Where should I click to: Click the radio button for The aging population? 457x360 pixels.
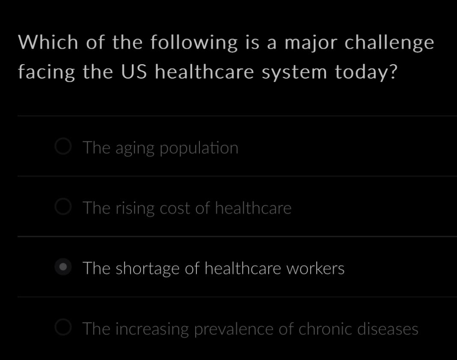click(63, 147)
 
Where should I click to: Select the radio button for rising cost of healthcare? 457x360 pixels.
click(63, 207)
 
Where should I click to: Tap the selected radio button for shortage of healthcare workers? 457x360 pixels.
click(63, 268)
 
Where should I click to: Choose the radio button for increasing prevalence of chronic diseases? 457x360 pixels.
click(63, 328)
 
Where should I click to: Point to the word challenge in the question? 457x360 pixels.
click(389, 43)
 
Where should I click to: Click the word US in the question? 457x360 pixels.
click(134, 72)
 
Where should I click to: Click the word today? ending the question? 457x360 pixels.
click(366, 72)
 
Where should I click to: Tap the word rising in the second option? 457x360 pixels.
click(135, 209)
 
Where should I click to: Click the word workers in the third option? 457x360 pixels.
click(315, 269)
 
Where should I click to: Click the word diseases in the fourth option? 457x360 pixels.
click(388, 329)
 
